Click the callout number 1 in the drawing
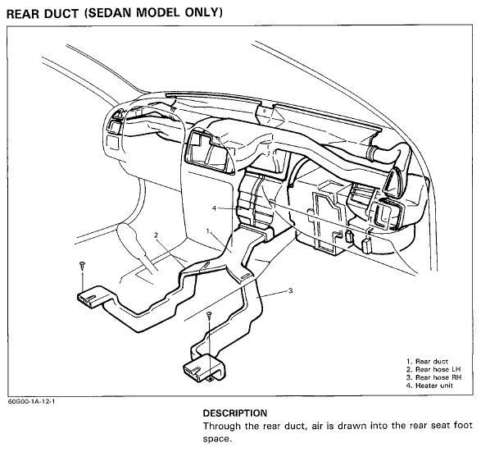click(x=208, y=231)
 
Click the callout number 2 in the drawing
click(x=156, y=235)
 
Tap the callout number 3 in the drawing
click(x=291, y=290)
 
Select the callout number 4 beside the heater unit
click(x=214, y=208)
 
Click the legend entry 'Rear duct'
click(x=427, y=362)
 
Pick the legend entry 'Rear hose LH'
click(x=433, y=369)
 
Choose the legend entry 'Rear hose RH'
click(x=434, y=377)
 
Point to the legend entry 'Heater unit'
click(x=429, y=386)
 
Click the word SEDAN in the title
click(x=109, y=13)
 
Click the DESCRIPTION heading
click(x=235, y=413)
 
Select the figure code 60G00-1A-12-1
click(x=32, y=401)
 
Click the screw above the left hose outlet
click(x=82, y=265)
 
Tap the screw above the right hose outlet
click(x=209, y=315)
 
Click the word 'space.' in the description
click(x=217, y=440)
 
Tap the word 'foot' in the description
click(x=461, y=426)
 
